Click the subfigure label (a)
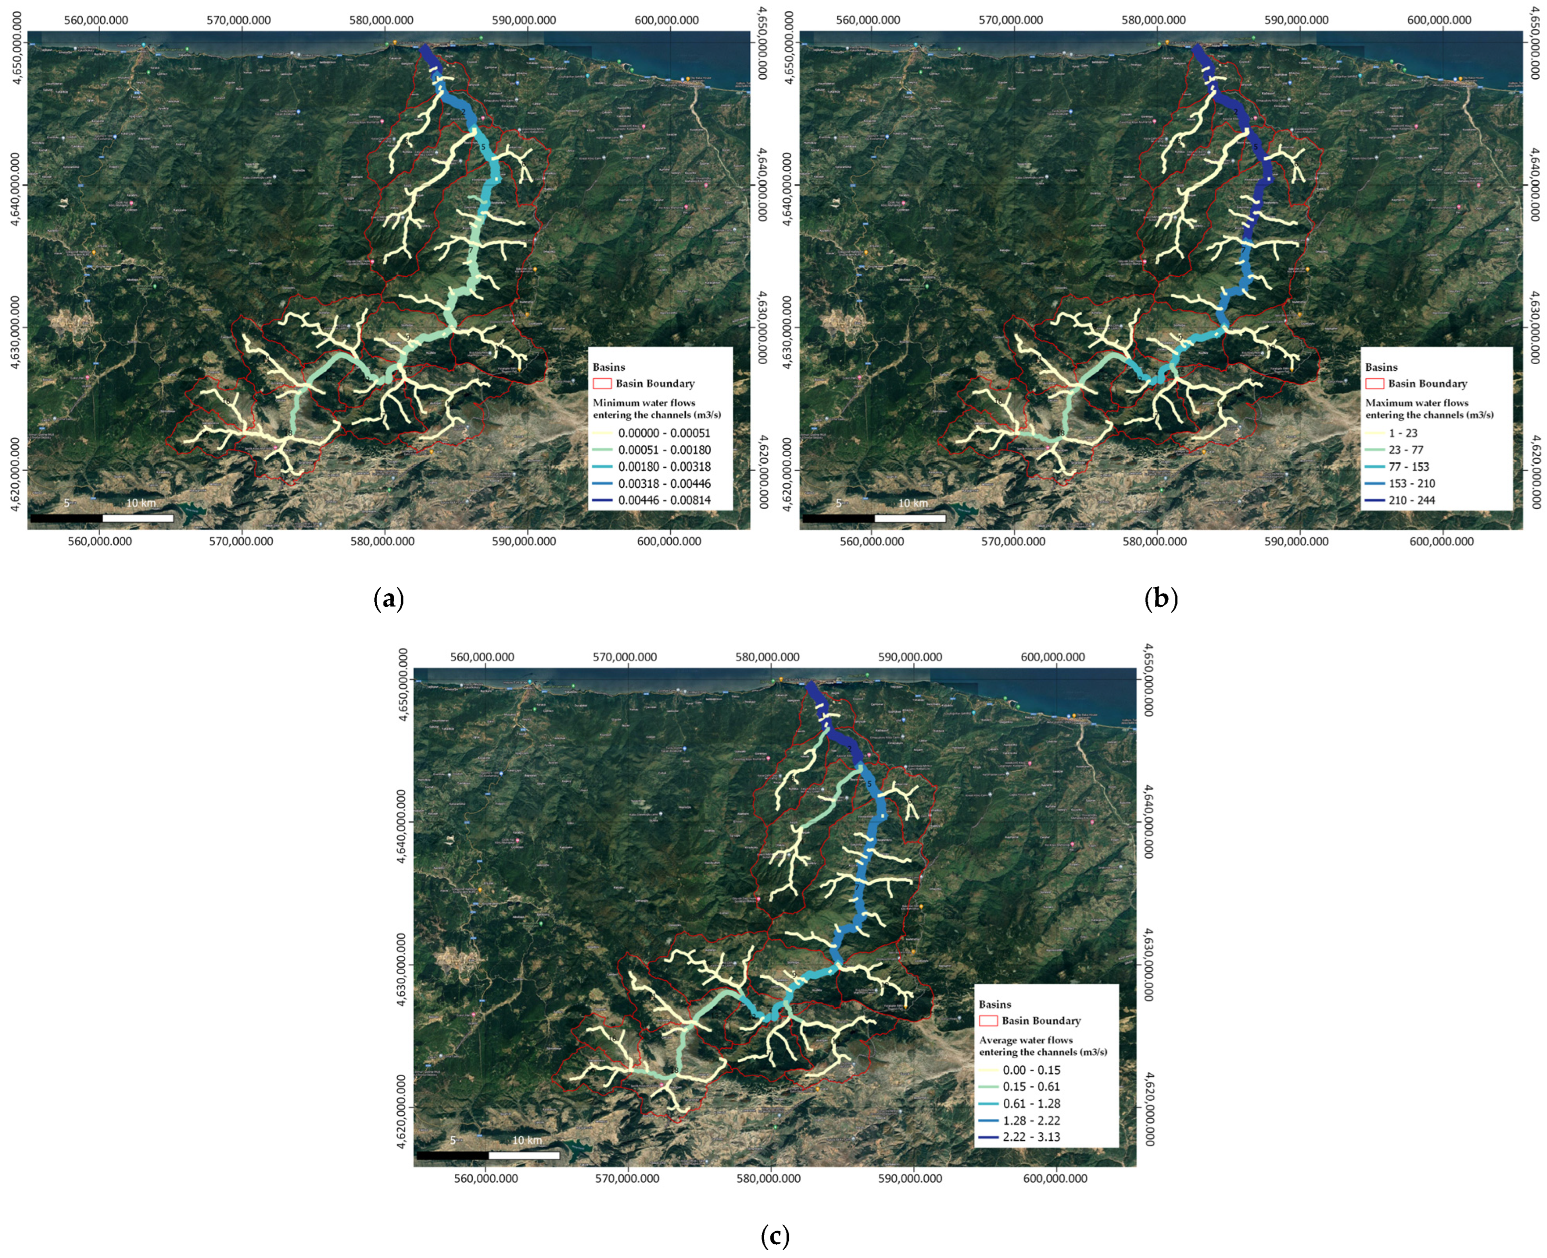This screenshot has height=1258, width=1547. (388, 599)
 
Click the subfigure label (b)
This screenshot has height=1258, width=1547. (1161, 599)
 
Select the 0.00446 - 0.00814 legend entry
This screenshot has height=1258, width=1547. (663, 500)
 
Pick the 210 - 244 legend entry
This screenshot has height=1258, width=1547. (1411, 500)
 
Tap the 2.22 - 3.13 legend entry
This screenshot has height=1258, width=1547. (1031, 1137)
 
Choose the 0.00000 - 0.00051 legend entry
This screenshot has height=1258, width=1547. (663, 434)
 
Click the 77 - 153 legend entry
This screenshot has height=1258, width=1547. (1408, 467)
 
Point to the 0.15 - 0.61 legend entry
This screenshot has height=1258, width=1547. (1031, 1087)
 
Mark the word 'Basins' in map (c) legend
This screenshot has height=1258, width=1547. (995, 1004)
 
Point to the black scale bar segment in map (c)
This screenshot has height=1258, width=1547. (453, 1156)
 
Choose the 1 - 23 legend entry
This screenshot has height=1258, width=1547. (1402, 434)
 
